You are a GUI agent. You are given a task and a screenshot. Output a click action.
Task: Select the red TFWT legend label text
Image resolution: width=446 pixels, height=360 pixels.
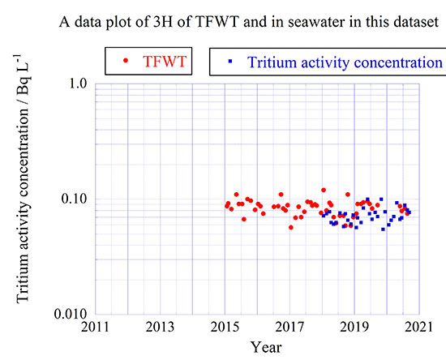click(163, 62)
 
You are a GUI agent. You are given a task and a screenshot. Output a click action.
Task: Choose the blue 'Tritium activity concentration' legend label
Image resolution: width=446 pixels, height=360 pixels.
click(345, 62)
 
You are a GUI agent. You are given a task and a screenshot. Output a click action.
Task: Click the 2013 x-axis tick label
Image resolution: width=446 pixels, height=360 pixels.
click(160, 328)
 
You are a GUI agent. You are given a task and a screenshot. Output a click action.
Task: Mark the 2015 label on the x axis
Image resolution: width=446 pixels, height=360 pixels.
click(225, 328)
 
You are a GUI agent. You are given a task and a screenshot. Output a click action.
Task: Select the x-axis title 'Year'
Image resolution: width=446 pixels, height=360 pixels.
click(266, 347)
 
